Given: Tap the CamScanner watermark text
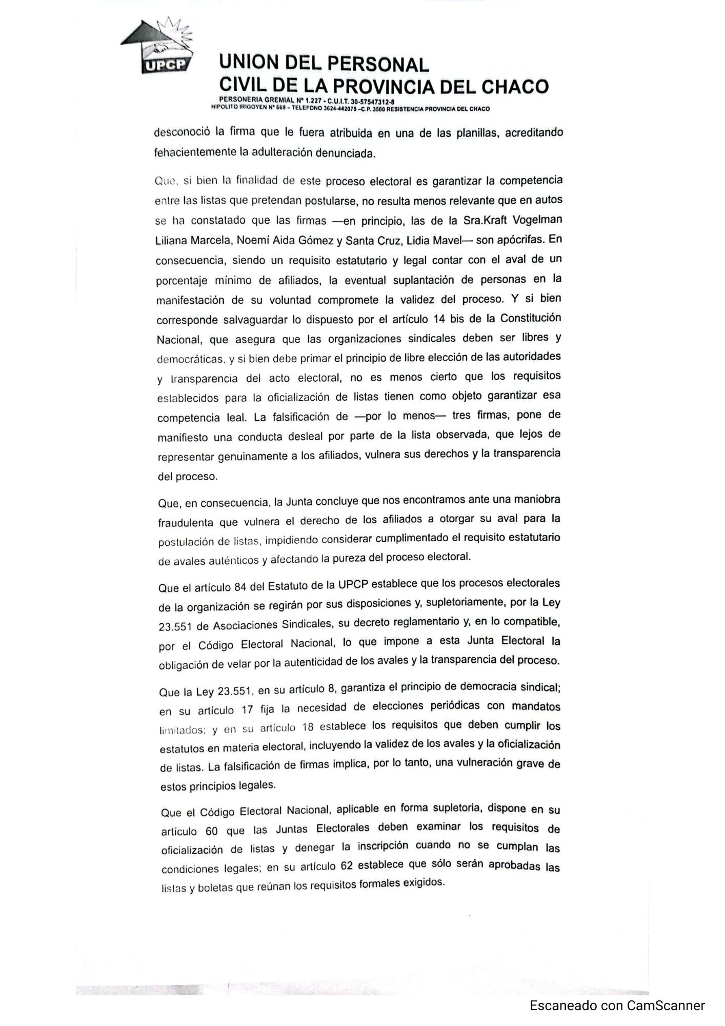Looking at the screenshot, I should coord(617,1006).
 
